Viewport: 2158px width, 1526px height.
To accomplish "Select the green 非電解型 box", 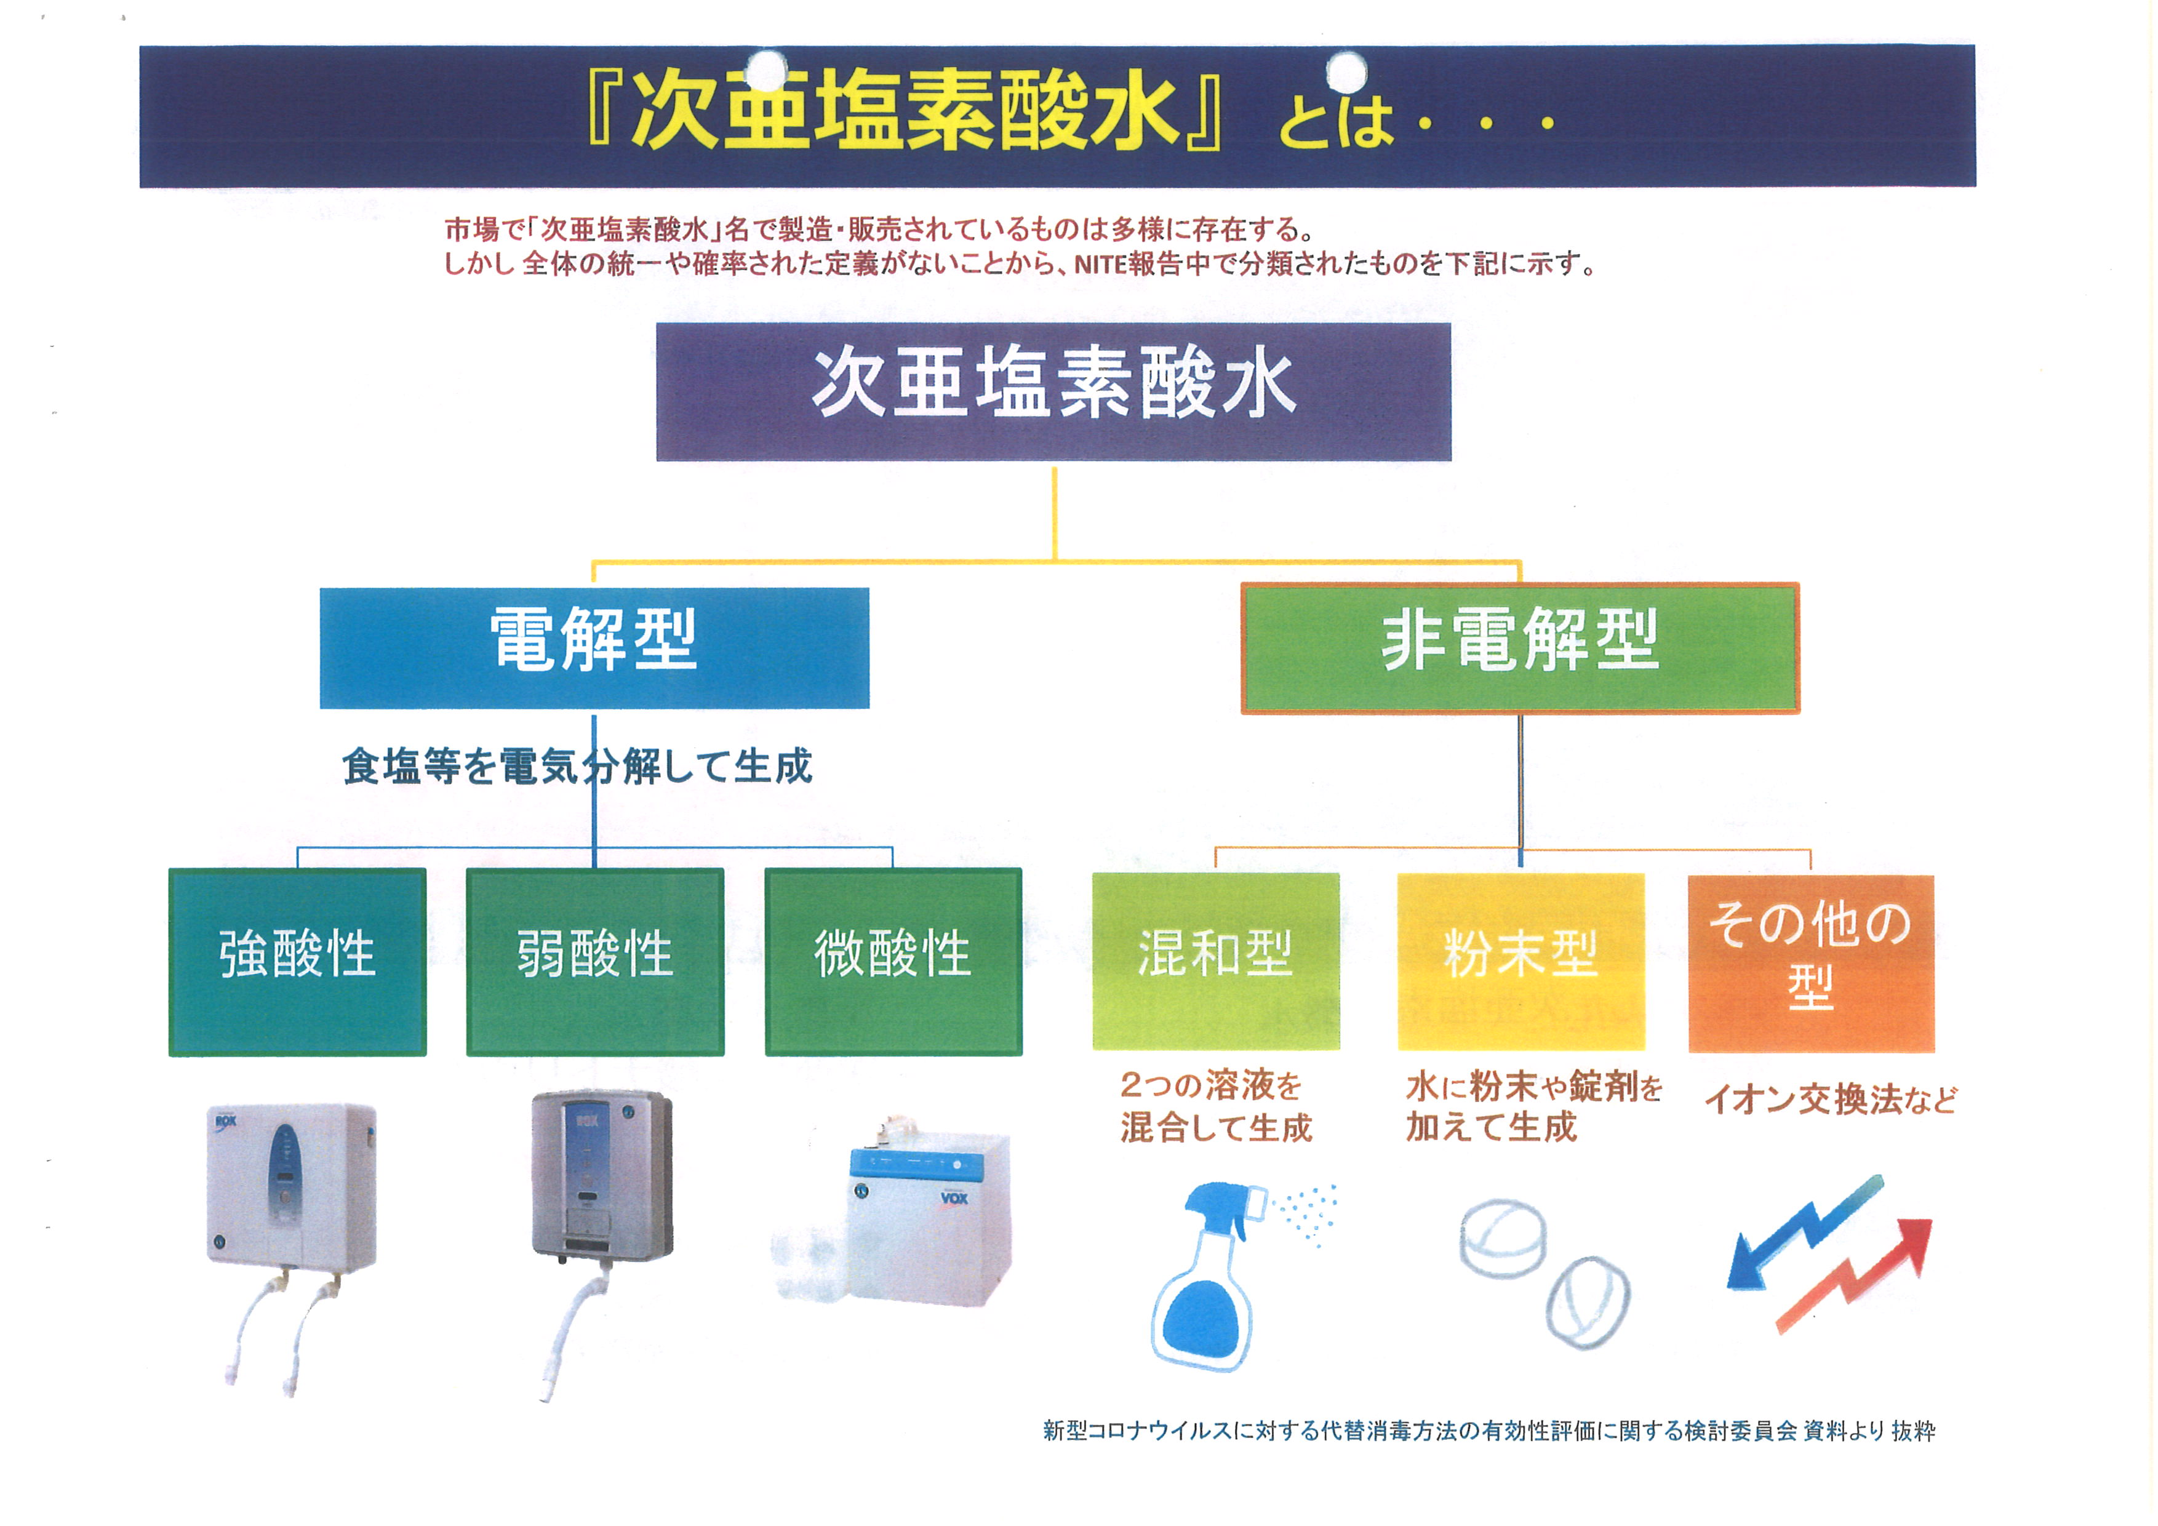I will (x=1520, y=649).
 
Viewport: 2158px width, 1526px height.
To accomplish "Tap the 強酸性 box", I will (x=297, y=961).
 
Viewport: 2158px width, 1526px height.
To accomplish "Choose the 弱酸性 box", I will (x=595, y=961).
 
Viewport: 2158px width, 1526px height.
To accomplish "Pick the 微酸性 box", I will (x=893, y=961).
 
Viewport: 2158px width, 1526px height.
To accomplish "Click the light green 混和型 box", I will (x=1215, y=961).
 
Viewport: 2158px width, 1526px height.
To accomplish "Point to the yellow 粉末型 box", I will (x=1521, y=961).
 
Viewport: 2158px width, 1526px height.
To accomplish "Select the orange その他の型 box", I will (x=1810, y=963).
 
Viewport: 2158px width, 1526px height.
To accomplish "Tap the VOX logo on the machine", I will (x=953, y=1198).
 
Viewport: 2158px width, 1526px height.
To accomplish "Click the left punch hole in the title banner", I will (x=768, y=68).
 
